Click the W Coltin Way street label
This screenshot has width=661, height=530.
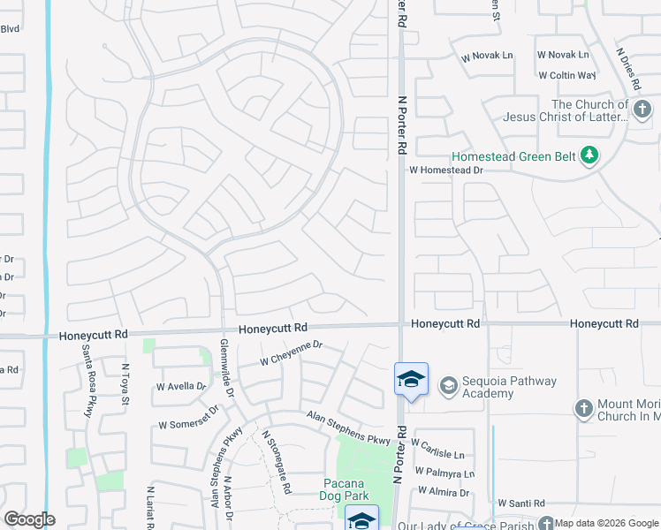click(567, 76)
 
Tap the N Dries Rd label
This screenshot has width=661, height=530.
click(628, 78)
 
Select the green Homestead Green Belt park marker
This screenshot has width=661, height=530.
click(589, 156)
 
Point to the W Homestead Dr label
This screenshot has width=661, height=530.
click(446, 170)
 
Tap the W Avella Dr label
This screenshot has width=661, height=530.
click(180, 386)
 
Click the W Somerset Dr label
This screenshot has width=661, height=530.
click(187, 419)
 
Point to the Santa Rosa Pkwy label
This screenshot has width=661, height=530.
click(88, 380)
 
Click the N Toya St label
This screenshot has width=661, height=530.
click(125, 387)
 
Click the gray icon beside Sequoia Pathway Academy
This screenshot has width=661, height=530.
click(449, 385)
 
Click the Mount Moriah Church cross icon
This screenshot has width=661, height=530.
click(583, 409)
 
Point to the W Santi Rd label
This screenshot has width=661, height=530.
click(520, 503)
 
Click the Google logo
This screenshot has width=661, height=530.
click(29, 519)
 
